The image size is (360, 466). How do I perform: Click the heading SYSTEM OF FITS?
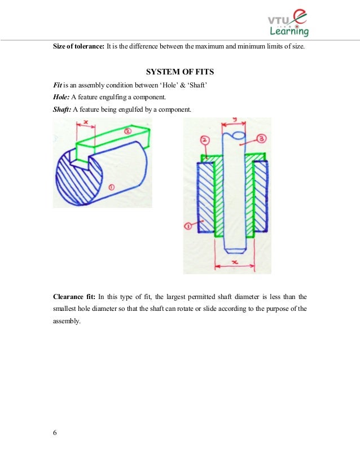click(x=179, y=72)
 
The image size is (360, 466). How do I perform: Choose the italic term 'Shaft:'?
click(x=62, y=109)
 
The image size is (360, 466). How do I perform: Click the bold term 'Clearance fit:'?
click(x=74, y=296)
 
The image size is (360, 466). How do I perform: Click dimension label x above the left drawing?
click(x=85, y=122)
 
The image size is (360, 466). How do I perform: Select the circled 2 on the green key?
click(x=128, y=131)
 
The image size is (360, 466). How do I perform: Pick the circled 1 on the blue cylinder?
click(x=111, y=186)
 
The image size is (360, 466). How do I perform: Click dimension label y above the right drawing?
click(x=232, y=120)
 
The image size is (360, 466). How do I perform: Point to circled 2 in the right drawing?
click(x=205, y=139)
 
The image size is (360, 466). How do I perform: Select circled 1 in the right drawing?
click(x=189, y=226)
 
